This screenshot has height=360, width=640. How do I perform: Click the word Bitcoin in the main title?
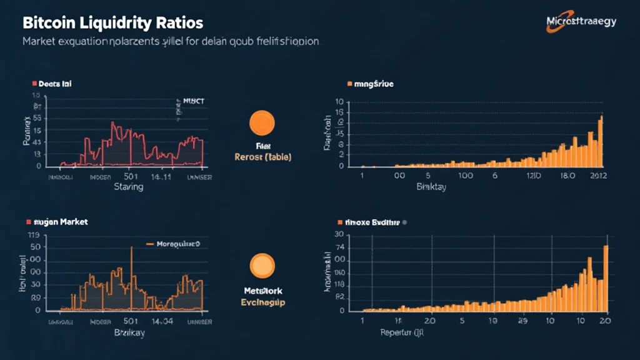(x=49, y=24)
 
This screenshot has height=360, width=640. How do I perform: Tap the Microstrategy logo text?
(x=581, y=21)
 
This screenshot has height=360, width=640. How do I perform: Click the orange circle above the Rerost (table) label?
(x=262, y=123)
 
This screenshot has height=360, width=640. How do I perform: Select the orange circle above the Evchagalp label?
(x=262, y=265)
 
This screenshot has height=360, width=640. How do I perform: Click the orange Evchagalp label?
(x=262, y=302)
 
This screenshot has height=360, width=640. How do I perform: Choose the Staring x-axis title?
(x=128, y=186)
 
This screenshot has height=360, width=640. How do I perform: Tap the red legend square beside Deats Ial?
(x=34, y=82)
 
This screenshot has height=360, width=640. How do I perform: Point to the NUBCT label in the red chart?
(x=194, y=100)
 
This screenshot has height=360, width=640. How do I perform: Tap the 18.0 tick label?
(x=569, y=177)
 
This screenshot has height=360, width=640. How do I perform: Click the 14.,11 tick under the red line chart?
(x=163, y=177)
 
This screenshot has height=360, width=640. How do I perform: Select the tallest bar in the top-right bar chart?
(x=601, y=141)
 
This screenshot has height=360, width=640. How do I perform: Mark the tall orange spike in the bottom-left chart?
(x=131, y=275)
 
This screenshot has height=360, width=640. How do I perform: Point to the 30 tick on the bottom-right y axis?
(x=340, y=234)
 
